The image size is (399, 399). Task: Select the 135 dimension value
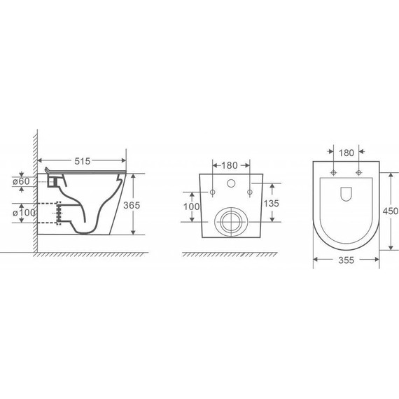272,203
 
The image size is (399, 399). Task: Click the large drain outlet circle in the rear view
229,221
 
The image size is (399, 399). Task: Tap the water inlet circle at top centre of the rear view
230,184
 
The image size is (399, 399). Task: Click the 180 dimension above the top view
346,151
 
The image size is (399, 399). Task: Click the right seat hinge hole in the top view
358,171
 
